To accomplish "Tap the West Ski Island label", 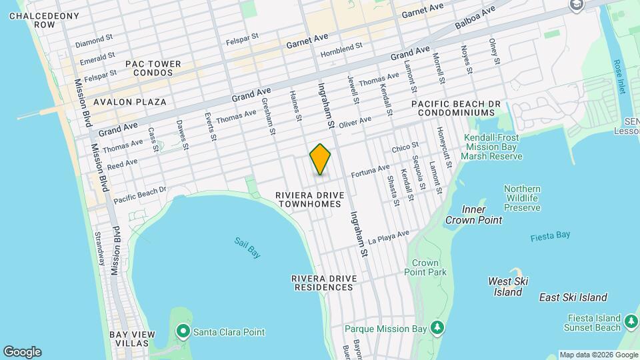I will pos(508,287).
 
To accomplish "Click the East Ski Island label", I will pos(573,297).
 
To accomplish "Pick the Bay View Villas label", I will pos(133,339).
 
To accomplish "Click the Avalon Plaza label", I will pos(130,102).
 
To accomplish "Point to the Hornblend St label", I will pos(341,47).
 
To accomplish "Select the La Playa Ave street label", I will pos(388,237).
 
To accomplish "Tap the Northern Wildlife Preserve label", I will pos(522,198).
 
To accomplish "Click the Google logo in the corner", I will pos(22,352).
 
